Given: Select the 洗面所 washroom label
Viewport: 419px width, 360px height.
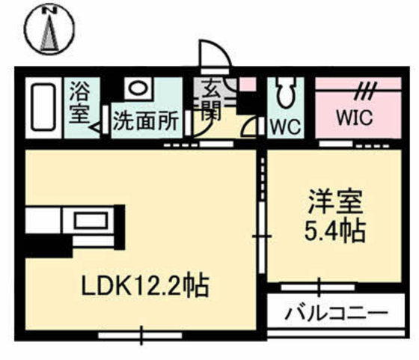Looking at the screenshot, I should tap(144, 121).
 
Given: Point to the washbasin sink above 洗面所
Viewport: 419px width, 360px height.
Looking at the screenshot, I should tap(136, 88).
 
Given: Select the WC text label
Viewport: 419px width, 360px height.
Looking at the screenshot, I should tap(285, 125).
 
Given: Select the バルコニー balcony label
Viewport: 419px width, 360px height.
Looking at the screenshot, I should tap(335, 312).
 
